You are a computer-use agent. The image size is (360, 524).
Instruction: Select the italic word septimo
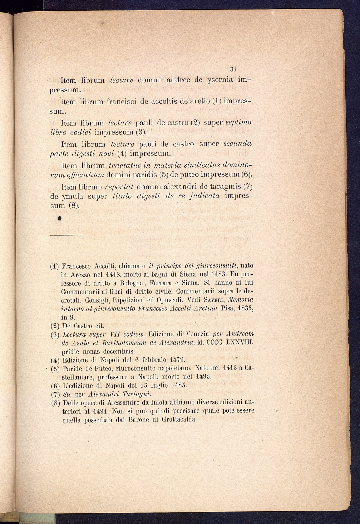[238, 123]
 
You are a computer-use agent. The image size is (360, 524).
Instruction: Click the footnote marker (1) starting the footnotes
[55, 267]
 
